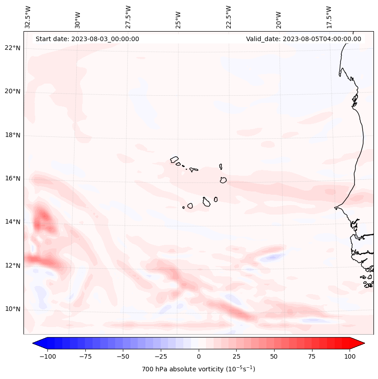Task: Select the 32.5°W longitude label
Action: tap(28, 17)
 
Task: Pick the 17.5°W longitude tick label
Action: tap(329, 17)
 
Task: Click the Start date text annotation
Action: tap(87, 39)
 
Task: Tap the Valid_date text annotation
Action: tap(303, 39)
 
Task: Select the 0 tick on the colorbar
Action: tap(199, 356)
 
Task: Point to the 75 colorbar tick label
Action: tap(312, 356)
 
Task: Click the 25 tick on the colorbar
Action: tap(236, 356)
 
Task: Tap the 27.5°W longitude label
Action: tap(128, 17)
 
